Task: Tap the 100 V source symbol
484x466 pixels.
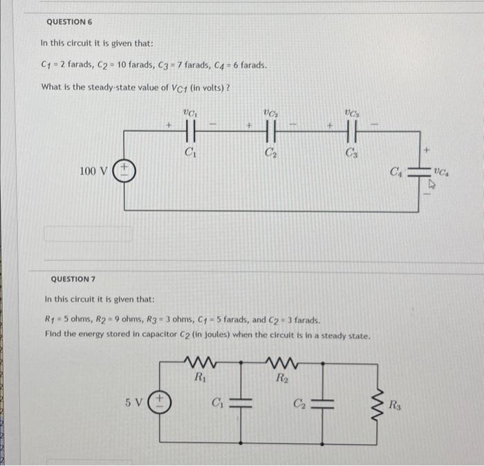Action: coord(125,169)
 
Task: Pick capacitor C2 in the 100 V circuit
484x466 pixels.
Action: coord(270,129)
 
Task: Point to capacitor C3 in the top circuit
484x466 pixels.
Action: coord(351,129)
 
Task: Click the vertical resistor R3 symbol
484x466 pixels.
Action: coord(378,402)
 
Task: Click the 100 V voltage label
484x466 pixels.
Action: coord(92,170)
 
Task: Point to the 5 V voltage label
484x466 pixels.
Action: coord(135,401)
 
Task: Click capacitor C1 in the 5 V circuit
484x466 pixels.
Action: coord(241,402)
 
